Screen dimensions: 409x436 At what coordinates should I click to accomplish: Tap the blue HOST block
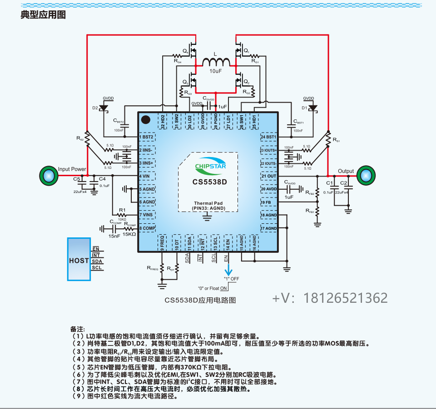pyautogui.click(x=79, y=260)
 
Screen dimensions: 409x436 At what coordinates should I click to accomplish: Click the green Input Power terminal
pyautogui.click(x=48, y=176)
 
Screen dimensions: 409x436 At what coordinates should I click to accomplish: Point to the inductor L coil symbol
pyautogui.click(x=216, y=63)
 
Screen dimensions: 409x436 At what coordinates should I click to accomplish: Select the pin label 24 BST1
pyautogui.click(x=268, y=137)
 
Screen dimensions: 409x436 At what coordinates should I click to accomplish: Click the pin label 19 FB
pyautogui.click(x=266, y=202)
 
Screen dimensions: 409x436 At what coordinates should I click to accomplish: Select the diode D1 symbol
pyautogui.click(x=312, y=108)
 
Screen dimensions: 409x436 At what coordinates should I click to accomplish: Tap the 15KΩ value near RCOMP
pyautogui.click(x=129, y=234)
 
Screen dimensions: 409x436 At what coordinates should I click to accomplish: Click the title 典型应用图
pyautogui.click(x=43, y=15)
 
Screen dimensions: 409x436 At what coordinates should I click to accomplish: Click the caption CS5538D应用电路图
pyautogui.click(x=200, y=300)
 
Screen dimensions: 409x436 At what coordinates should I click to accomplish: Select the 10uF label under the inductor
pyautogui.click(x=216, y=72)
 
